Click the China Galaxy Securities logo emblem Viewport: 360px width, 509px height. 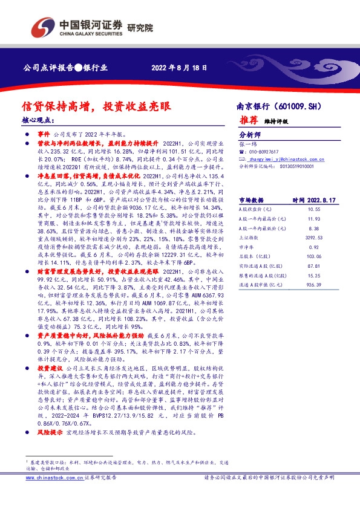pos(42,26)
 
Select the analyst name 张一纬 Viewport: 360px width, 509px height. pos(248,144)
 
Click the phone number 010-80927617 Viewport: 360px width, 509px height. pos(261,151)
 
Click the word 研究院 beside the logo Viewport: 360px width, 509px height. pos(140,27)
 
